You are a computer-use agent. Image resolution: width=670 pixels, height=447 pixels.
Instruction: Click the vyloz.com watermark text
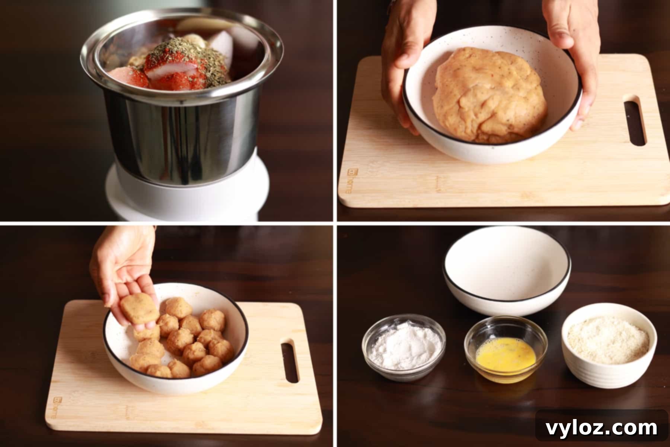pos(601,428)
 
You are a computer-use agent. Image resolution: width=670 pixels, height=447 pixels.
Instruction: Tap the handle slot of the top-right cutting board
pos(635,121)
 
